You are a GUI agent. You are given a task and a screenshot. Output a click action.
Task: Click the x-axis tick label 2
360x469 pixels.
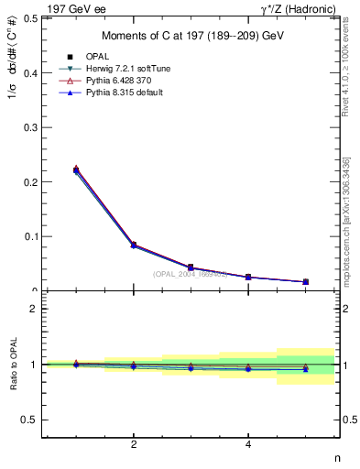pyautogui.click(x=134, y=446)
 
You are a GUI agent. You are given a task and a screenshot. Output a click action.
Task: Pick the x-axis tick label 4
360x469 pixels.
pyautogui.click(x=248, y=446)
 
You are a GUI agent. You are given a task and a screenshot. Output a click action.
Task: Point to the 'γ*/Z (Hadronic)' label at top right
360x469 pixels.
pyautogui.click(x=300, y=8)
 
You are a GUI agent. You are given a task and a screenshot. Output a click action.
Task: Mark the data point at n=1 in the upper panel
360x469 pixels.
pyautogui.click(x=76, y=169)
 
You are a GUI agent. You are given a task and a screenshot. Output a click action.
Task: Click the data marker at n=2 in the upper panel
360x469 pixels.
pyautogui.click(x=134, y=245)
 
